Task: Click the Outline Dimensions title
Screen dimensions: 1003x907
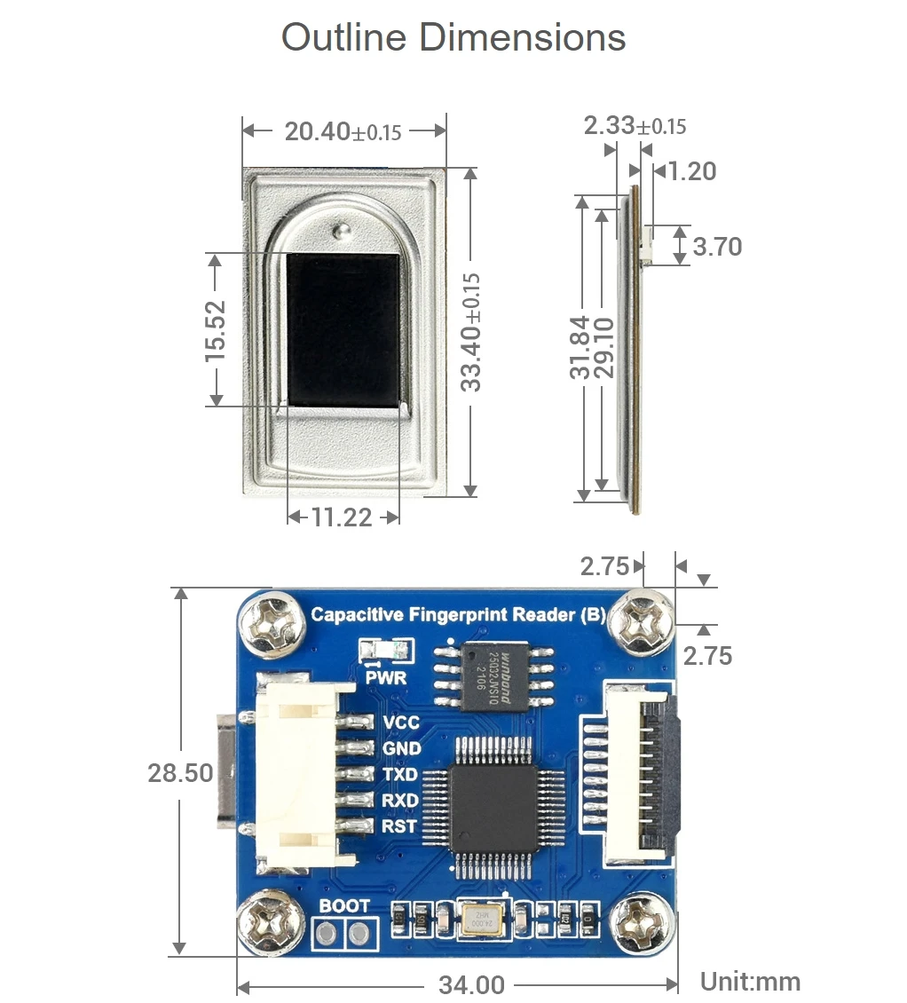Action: click(x=453, y=38)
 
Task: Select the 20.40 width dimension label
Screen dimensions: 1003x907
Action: click(x=343, y=131)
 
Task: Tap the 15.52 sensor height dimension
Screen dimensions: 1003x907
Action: click(x=216, y=330)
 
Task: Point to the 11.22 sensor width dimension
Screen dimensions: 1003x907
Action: click(x=342, y=517)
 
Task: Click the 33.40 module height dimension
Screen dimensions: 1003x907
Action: click(x=470, y=331)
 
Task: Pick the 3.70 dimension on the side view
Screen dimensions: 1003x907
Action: click(x=717, y=246)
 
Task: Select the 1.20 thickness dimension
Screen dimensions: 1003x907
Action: click(x=691, y=170)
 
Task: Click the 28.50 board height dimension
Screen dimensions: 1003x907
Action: click(x=180, y=772)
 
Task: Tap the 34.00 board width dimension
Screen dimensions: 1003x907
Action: click(x=471, y=984)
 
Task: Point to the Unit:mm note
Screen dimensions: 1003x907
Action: click(x=750, y=982)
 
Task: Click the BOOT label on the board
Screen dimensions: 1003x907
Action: click(x=344, y=906)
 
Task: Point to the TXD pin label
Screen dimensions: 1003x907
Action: click(x=401, y=775)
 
